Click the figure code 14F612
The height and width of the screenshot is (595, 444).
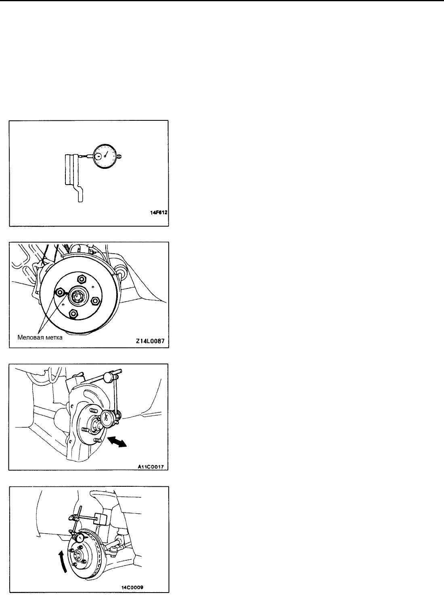tap(159, 212)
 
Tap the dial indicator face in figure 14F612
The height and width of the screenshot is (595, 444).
tap(105, 157)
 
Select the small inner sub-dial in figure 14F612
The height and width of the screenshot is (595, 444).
tap(98, 156)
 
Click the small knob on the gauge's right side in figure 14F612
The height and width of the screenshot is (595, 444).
tap(120, 157)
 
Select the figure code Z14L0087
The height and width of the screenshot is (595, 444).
tap(150, 341)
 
